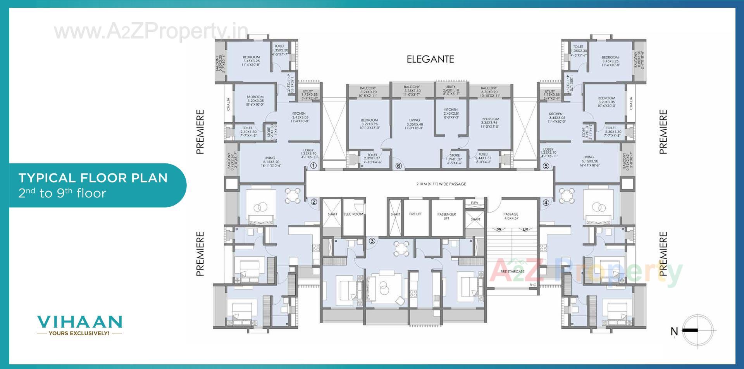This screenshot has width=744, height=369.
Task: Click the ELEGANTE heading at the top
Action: coord(430,59)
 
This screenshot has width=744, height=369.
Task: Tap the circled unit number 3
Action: coord(372,241)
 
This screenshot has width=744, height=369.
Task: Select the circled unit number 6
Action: coord(398,166)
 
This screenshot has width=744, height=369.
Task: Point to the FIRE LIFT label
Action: coord(415,214)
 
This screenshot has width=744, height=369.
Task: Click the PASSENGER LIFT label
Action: coord(446,216)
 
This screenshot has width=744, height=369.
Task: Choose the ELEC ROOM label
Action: coord(353,214)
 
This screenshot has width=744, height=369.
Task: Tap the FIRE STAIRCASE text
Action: coord(512,271)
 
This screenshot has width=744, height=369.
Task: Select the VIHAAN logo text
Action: coord(79,322)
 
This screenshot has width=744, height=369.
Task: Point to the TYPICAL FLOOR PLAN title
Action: coord(93,178)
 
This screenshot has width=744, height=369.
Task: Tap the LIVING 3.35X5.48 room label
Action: coord(414,124)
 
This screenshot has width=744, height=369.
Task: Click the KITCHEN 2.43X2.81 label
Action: coord(451,113)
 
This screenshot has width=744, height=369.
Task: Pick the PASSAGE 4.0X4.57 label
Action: coord(511,216)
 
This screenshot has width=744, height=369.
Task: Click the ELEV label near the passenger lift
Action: coord(475,203)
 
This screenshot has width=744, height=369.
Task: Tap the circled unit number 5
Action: coord(546,166)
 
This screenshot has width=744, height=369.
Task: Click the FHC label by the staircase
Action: coord(532,285)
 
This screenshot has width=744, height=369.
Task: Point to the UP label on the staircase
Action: coord(525,229)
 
